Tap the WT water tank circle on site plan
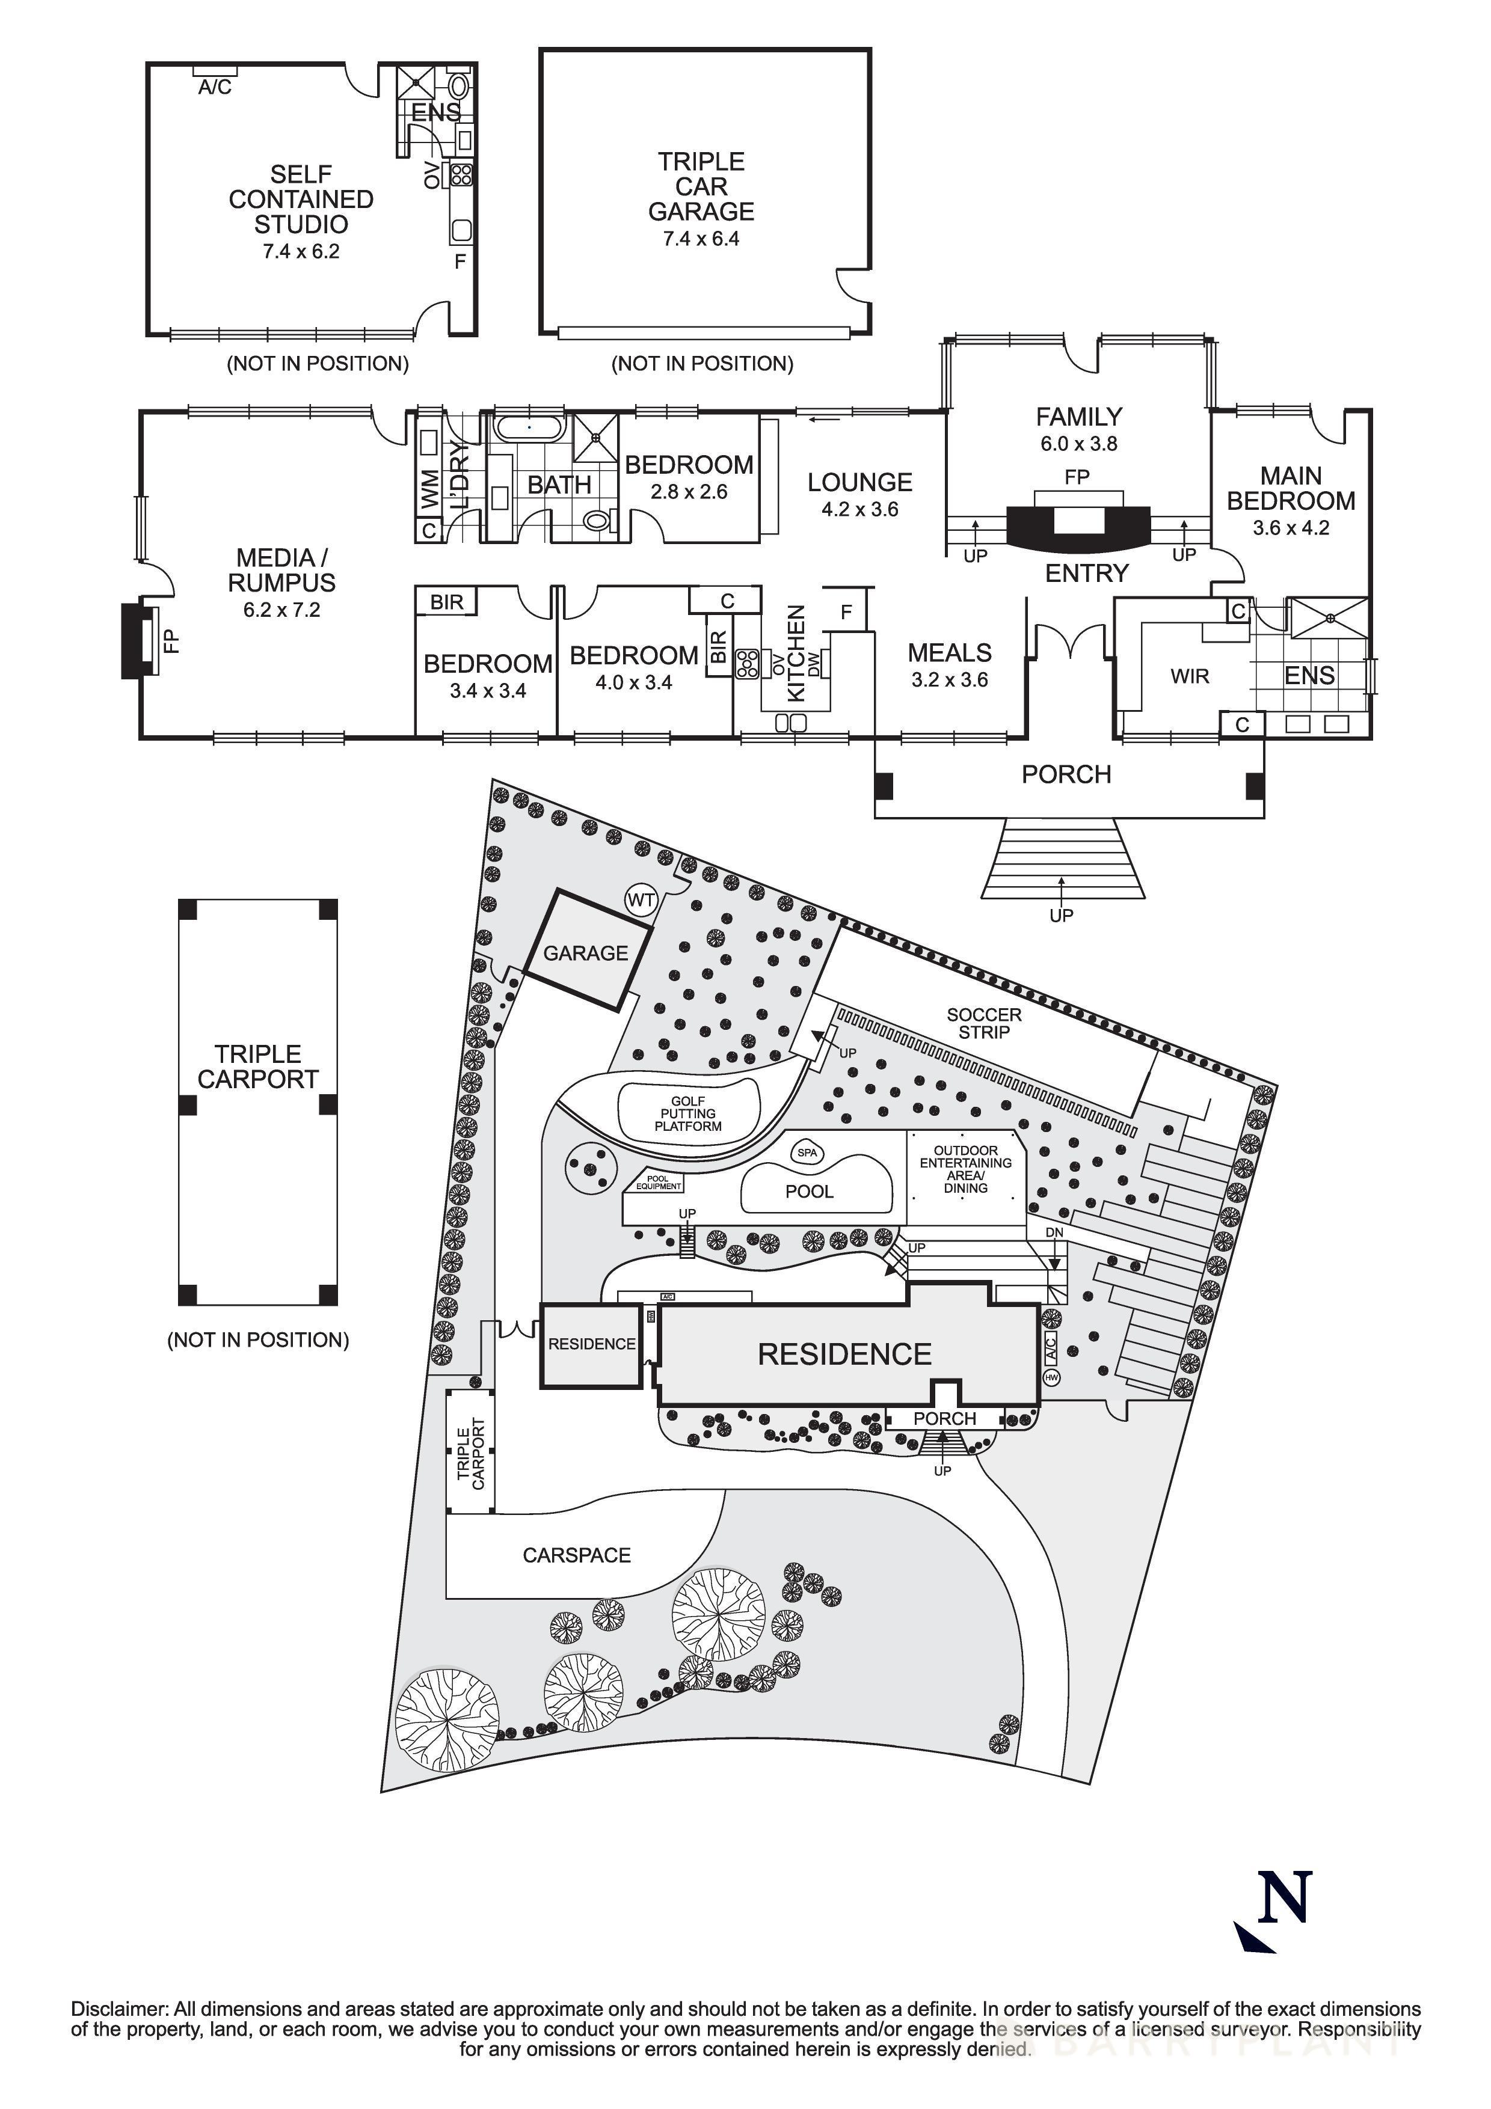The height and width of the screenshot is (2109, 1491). click(x=641, y=899)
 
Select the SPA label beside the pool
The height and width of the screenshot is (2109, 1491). click(x=807, y=1152)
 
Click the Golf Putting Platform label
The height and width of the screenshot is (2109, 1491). click(x=688, y=1113)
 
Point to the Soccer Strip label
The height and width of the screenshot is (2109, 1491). click(x=984, y=1023)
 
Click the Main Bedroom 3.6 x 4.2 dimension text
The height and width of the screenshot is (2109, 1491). click(x=1291, y=528)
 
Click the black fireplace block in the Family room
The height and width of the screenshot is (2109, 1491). click(x=1078, y=526)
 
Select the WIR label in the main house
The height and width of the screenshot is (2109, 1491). click(x=1190, y=677)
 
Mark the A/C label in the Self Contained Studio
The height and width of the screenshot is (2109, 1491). click(x=215, y=87)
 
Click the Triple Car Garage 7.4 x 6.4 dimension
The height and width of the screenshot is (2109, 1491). click(x=701, y=239)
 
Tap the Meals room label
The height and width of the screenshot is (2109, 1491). click(x=949, y=653)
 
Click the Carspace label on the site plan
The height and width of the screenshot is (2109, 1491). click(x=577, y=1555)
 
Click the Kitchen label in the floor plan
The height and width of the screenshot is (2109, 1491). click(x=796, y=653)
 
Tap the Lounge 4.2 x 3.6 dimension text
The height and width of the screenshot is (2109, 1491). click(x=860, y=510)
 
